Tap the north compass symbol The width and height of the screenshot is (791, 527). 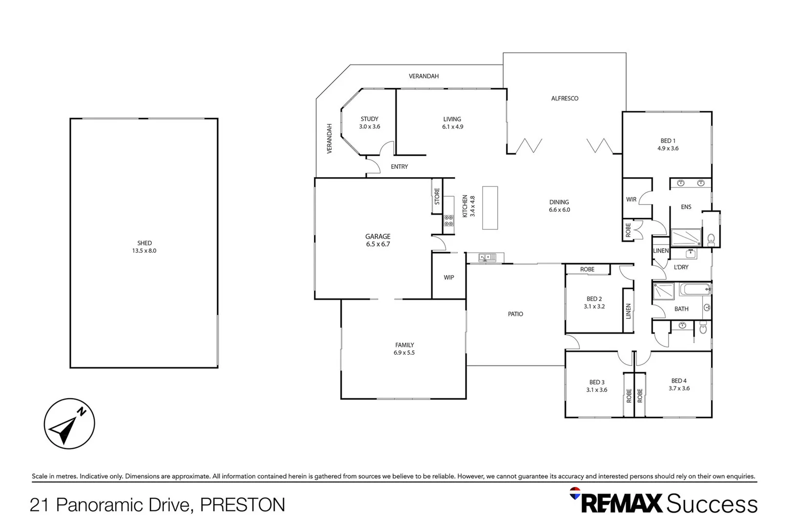point(69,424)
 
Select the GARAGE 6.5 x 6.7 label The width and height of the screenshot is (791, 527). point(378,240)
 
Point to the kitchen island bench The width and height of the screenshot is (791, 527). point(490,208)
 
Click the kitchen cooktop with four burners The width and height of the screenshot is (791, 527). point(448,221)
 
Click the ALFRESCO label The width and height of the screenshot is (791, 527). point(565,98)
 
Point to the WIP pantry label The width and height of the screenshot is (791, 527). point(449,277)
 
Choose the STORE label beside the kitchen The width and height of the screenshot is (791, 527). point(437,196)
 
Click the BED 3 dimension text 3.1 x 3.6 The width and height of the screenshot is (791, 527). point(597,390)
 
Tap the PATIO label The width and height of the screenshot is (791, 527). point(515,314)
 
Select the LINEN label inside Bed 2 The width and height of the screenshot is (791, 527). point(629,311)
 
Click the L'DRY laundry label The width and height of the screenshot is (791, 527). point(681,267)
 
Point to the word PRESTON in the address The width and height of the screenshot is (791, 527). point(243,505)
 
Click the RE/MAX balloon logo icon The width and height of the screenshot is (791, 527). point(575,493)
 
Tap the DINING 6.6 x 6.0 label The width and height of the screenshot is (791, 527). point(559,205)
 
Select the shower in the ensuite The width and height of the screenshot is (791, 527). point(686,237)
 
